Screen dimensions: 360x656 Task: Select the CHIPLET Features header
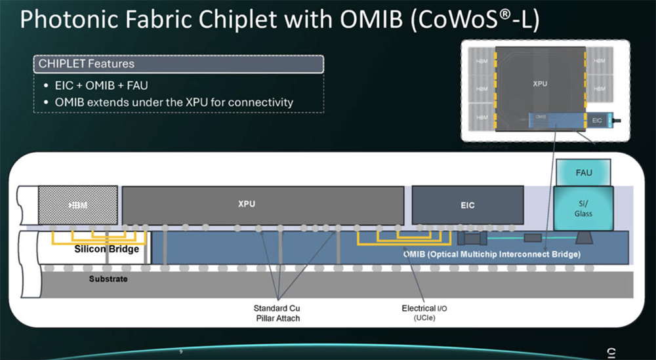coord(87,64)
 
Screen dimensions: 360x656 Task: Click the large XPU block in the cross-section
coord(262,205)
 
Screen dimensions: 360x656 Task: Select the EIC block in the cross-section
coord(467,205)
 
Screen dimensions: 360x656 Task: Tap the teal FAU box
coord(583,172)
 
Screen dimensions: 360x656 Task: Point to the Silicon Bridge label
coord(106,249)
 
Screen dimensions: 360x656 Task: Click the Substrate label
coord(108,279)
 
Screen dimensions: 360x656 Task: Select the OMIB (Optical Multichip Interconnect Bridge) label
coord(491,254)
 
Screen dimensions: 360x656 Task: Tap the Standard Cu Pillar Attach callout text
coord(277,313)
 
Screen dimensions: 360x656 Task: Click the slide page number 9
coord(180,351)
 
